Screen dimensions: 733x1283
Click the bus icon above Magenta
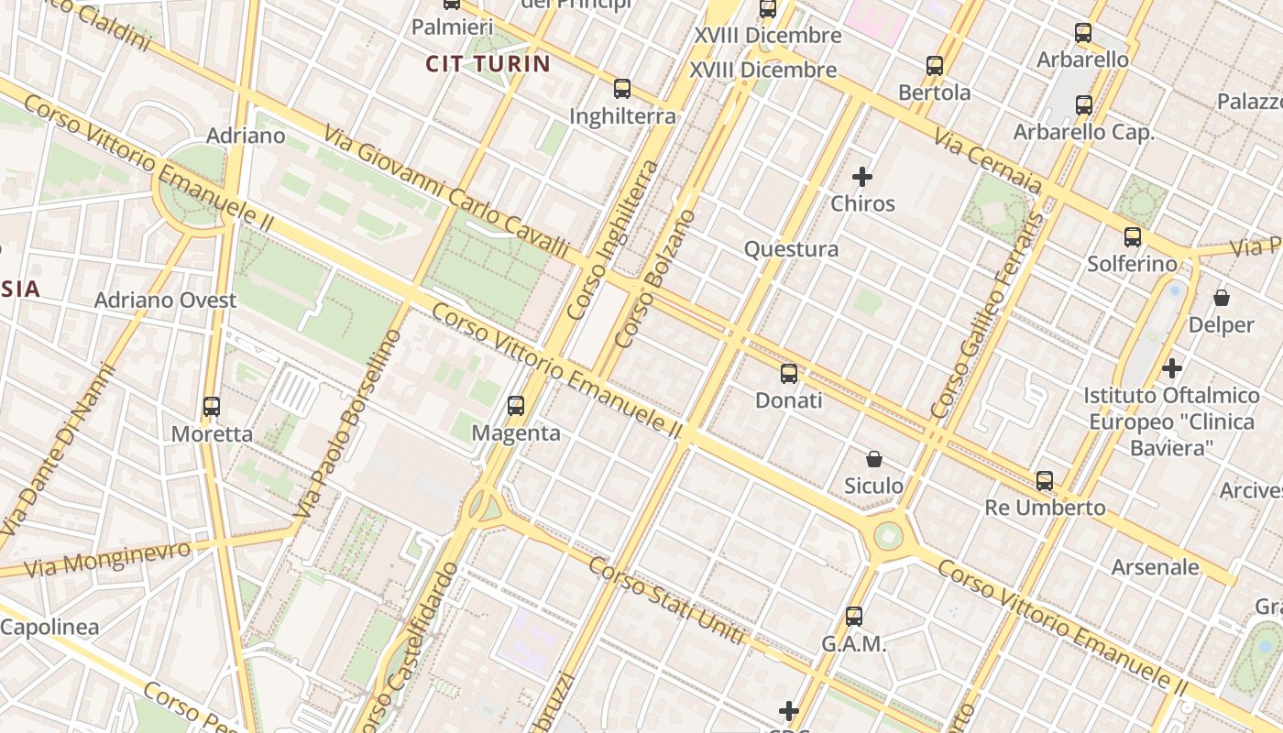[x=516, y=405]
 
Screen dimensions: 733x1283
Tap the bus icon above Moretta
[x=212, y=406]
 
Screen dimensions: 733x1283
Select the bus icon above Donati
[x=789, y=373]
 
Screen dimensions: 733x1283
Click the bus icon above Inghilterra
[x=622, y=89]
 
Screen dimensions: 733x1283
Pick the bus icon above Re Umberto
[x=1045, y=480]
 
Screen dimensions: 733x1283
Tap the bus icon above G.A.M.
[x=854, y=617]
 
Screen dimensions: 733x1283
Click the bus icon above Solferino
[x=1133, y=237]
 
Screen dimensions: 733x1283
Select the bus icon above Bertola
[x=935, y=66]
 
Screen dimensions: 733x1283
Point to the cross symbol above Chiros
[x=862, y=176]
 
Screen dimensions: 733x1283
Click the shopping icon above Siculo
[x=874, y=458]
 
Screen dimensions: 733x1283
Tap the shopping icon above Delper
[x=1222, y=298]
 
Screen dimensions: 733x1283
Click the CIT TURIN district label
[x=488, y=64]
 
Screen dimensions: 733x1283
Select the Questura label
[x=791, y=249]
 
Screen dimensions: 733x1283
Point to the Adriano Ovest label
[x=165, y=301]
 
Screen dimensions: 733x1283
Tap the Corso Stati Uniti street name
[x=666, y=600]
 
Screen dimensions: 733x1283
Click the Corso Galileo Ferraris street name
[x=987, y=316]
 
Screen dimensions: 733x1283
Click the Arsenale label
[x=1155, y=567]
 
